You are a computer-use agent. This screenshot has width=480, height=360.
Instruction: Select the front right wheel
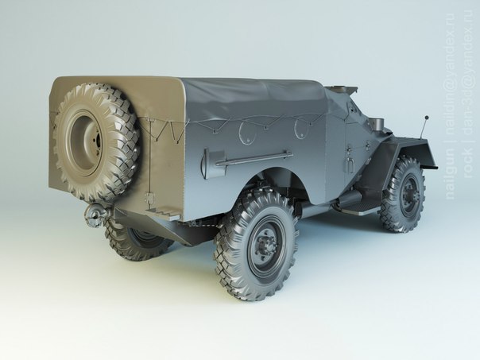point(404,195)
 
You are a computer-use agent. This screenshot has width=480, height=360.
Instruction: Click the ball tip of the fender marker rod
point(426,118)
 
